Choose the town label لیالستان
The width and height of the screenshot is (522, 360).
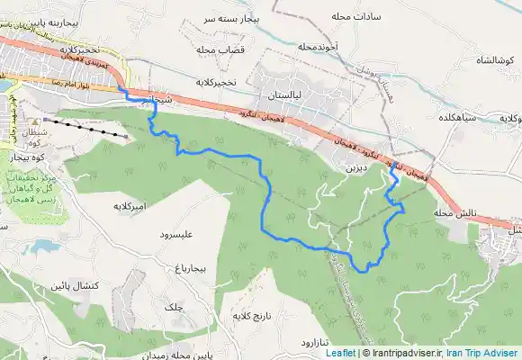pos(288,93)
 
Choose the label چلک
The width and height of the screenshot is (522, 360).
pos(169,308)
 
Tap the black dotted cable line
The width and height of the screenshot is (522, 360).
pos(85,125)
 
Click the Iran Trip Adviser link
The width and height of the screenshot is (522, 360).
pos(483,353)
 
